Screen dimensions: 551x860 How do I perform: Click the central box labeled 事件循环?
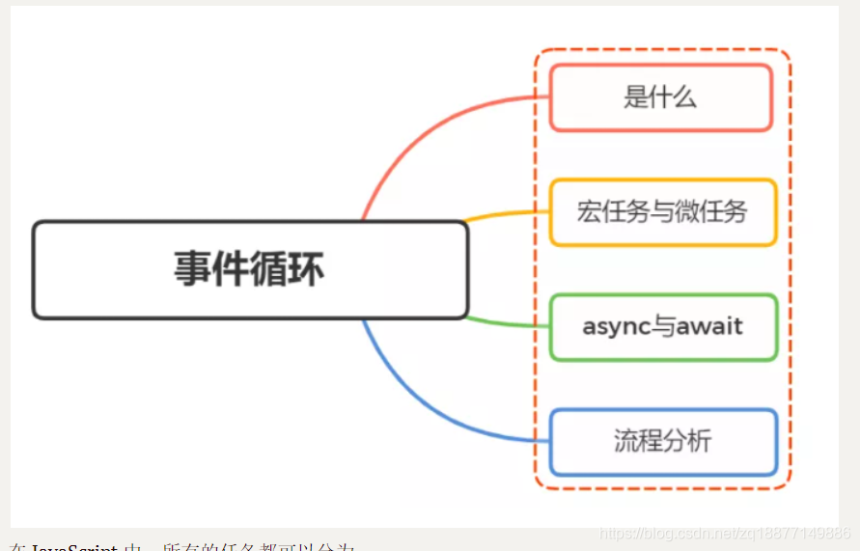pyautogui.click(x=249, y=269)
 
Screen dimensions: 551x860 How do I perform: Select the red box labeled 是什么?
pyautogui.click(x=661, y=97)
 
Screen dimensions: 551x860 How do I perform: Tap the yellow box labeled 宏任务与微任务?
pyautogui.click(x=662, y=212)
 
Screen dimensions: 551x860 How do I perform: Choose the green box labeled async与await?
pyautogui.click(x=662, y=327)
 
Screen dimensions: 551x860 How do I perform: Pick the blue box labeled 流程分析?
pyautogui.click(x=662, y=442)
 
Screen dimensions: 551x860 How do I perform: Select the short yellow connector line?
pyautogui.click(x=507, y=215)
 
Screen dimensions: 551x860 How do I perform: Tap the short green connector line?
pyautogui.click(x=507, y=320)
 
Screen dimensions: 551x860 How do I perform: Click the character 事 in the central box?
pyautogui.click(x=192, y=269)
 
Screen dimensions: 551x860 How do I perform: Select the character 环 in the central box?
pyautogui.click(x=306, y=269)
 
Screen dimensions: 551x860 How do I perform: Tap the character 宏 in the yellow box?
pyautogui.click(x=589, y=212)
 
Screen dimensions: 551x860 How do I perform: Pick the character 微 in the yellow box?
pyautogui.click(x=689, y=212)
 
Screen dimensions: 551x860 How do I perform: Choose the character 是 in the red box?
pyautogui.click(x=635, y=97)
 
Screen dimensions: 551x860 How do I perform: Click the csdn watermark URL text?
pyautogui.click(x=724, y=534)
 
